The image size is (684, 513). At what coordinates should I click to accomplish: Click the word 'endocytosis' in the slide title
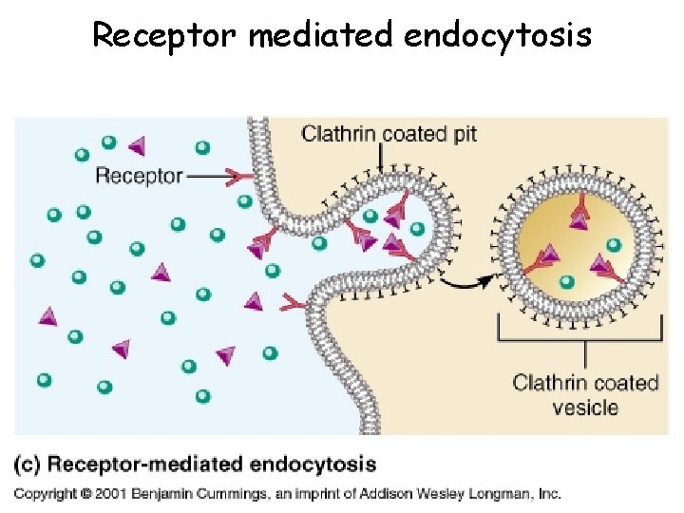[x=497, y=35]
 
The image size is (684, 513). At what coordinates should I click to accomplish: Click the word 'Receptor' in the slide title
[x=165, y=35]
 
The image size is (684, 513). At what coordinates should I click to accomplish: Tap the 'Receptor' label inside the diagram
[x=139, y=176]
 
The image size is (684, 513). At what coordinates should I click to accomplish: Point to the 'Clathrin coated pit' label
[x=389, y=133]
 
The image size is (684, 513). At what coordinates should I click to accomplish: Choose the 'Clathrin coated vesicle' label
[x=585, y=395]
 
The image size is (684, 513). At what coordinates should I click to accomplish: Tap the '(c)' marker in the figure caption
[x=28, y=465]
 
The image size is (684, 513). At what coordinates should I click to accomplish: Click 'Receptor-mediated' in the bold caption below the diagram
[x=129, y=465]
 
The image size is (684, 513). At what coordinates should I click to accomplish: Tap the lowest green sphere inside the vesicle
[x=567, y=281]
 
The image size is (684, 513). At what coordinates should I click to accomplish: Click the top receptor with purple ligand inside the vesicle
[x=578, y=217]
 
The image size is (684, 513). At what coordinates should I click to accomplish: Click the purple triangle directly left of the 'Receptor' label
[x=137, y=145]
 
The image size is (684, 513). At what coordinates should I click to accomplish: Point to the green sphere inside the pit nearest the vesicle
[x=416, y=228]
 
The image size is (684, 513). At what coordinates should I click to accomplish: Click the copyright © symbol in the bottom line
[x=85, y=493]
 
